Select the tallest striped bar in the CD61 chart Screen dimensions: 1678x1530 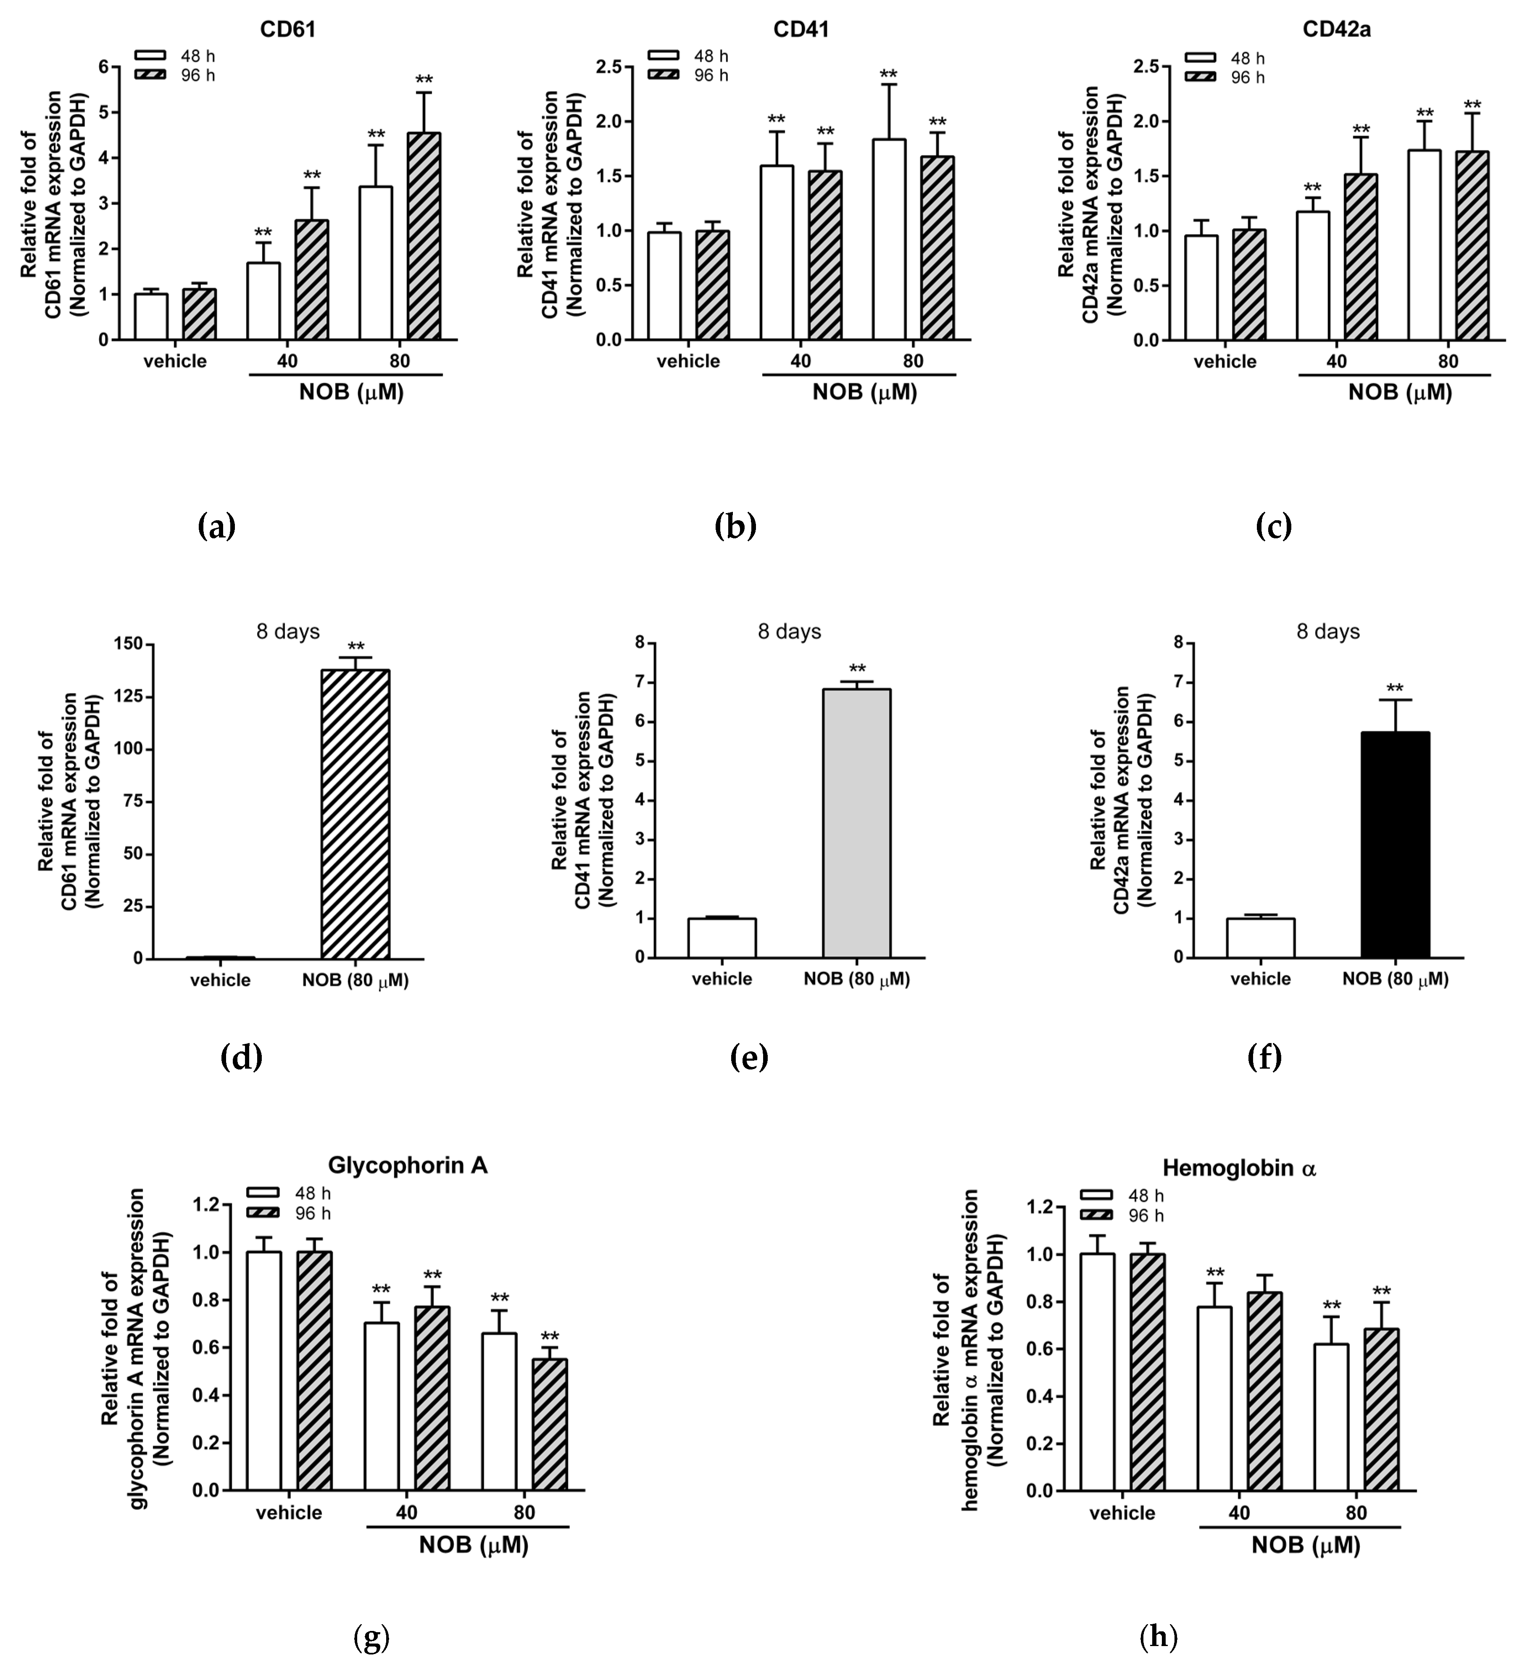[x=424, y=237]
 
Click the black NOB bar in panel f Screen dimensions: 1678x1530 [x=1395, y=845]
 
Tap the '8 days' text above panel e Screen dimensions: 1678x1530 [x=788, y=632]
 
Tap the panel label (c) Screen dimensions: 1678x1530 [x=1273, y=526]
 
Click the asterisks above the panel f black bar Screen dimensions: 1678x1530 [x=1395, y=688]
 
